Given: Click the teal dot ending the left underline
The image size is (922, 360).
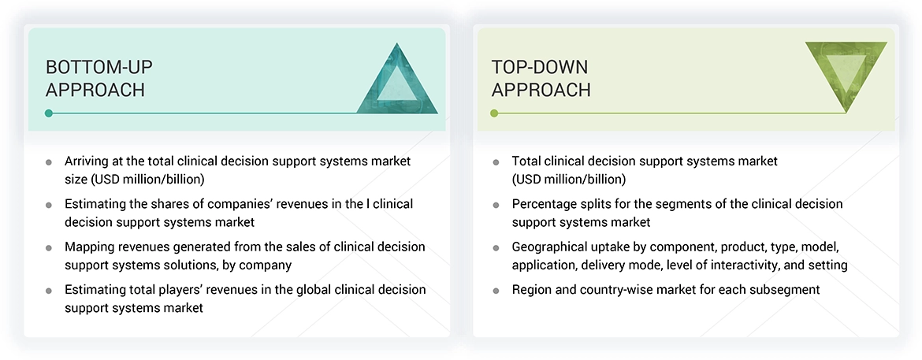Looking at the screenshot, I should [x=49, y=113].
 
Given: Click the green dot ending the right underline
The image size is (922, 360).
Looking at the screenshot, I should [x=494, y=113].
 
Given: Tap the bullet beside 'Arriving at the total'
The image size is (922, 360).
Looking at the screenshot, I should [x=49, y=161].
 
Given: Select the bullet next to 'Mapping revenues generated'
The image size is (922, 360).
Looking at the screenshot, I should [x=49, y=248].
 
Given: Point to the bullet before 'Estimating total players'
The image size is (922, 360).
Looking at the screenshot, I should [x=49, y=291].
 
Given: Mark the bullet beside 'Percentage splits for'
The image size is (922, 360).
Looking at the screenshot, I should [x=496, y=205].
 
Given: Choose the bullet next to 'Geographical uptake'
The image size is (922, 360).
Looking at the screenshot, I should [x=496, y=248].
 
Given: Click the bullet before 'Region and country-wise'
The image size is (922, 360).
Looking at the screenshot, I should [x=496, y=291].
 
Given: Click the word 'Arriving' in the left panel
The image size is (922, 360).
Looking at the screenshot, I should [x=89, y=161].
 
